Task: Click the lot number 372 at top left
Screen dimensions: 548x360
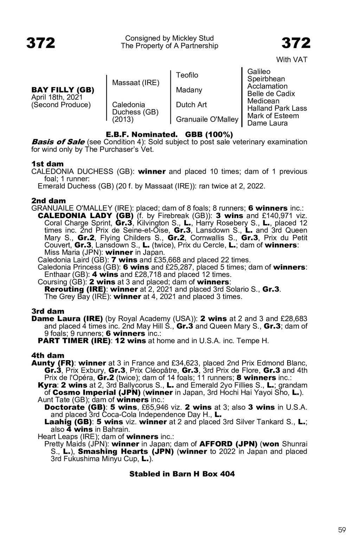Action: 41,43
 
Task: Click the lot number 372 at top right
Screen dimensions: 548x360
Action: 296,43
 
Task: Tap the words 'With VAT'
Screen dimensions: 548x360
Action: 291,60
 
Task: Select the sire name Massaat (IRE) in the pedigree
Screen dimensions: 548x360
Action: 136,83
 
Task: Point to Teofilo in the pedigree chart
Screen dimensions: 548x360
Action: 187,75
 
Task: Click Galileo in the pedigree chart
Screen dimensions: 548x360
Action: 259,72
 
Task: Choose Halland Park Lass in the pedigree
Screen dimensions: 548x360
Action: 277,108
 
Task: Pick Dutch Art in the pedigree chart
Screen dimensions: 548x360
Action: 191,105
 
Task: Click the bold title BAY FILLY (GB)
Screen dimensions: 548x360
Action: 63,90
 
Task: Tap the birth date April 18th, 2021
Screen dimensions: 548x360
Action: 57,97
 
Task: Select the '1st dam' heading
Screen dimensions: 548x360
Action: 47,164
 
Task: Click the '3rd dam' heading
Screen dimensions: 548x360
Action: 48,311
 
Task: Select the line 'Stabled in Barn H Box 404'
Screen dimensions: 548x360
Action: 182,474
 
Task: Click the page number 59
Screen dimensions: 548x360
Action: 342,530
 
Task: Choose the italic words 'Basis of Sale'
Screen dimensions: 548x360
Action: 58,142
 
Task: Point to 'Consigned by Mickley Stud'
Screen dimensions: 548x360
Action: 169,38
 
